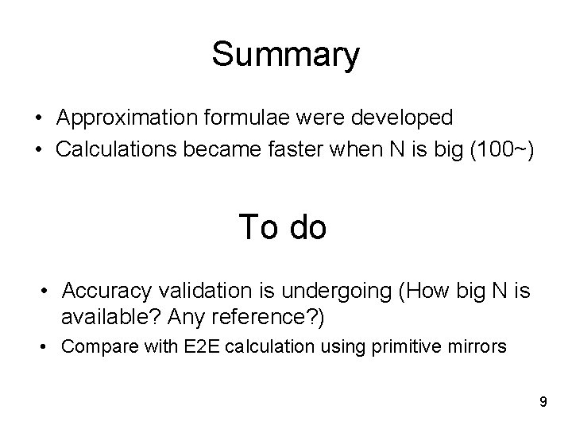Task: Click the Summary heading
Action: point(285,56)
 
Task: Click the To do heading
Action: point(283,227)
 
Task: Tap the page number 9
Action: point(543,402)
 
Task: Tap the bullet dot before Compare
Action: point(47,347)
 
